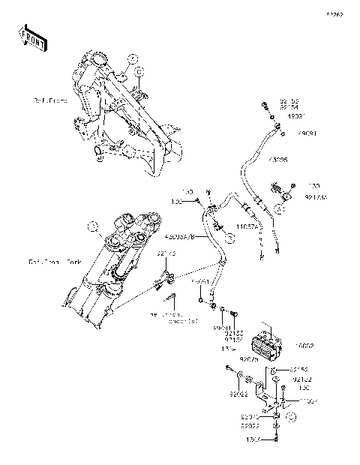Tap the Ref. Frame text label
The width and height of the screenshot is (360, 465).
pyautogui.click(x=49, y=99)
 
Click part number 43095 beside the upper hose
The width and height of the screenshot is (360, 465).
pyautogui.click(x=278, y=160)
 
